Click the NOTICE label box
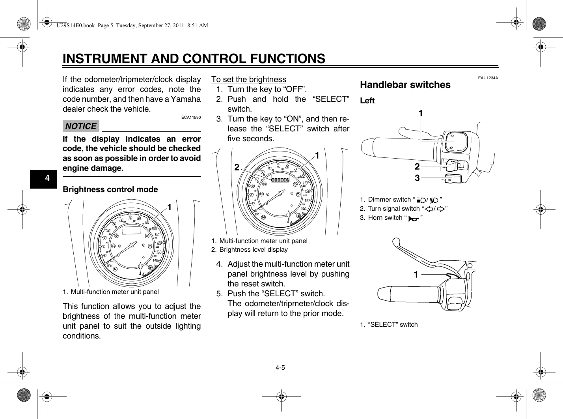tap(81, 126)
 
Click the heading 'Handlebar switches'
tap(405, 85)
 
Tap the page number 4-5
tap(280, 368)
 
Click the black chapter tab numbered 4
tap(47, 178)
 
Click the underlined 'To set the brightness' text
tap(249, 79)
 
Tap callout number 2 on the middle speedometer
tap(237, 167)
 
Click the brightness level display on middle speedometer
tap(284, 180)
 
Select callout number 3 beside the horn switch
tap(417, 178)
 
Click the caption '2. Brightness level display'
tap(250, 249)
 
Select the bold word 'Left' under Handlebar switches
tap(367, 101)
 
